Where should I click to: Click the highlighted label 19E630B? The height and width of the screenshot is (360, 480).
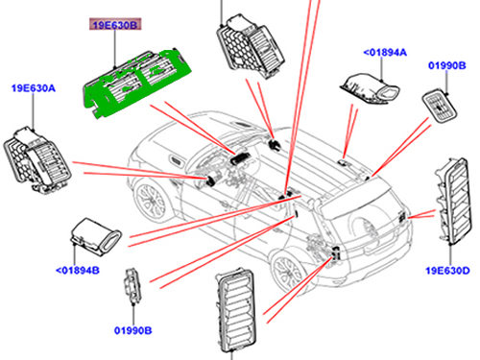coord(115,25)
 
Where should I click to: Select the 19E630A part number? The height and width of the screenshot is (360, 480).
coord(34,88)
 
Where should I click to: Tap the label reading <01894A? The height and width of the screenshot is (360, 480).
coord(385,52)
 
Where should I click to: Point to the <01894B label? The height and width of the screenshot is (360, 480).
coord(78,271)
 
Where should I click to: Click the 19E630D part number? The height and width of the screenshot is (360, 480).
coord(447,271)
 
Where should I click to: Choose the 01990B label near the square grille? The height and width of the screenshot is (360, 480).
coord(447,65)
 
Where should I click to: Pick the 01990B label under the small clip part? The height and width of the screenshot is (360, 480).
coord(133,330)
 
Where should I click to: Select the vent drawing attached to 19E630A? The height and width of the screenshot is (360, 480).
coord(36,160)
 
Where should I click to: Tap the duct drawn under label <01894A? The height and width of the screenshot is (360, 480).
coord(370,90)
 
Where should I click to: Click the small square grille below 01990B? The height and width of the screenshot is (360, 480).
coord(440,107)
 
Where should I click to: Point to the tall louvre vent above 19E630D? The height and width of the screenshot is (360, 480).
coord(453,200)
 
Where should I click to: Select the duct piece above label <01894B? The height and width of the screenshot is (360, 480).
coord(95,236)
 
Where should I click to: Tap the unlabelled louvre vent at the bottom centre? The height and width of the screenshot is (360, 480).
coord(235,309)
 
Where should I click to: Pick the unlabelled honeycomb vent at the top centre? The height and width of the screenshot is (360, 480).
coord(251,47)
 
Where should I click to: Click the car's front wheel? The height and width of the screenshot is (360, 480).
coord(151,201)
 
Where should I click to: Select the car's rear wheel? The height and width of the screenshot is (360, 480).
coord(286,270)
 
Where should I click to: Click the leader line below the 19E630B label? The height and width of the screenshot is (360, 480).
coord(114,49)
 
